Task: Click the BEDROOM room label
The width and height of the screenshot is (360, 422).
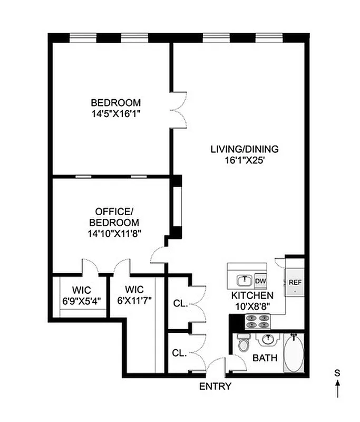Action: [115, 102]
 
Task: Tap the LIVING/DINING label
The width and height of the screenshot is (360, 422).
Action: [244, 149]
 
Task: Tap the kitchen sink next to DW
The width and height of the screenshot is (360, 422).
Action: [244, 279]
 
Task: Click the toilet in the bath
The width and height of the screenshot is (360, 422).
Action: [243, 344]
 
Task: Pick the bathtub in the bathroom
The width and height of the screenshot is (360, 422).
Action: [294, 354]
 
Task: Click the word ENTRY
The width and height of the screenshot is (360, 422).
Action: [215, 386]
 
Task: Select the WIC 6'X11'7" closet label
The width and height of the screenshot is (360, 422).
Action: [134, 295]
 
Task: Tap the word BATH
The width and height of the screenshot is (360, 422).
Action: [265, 358]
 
